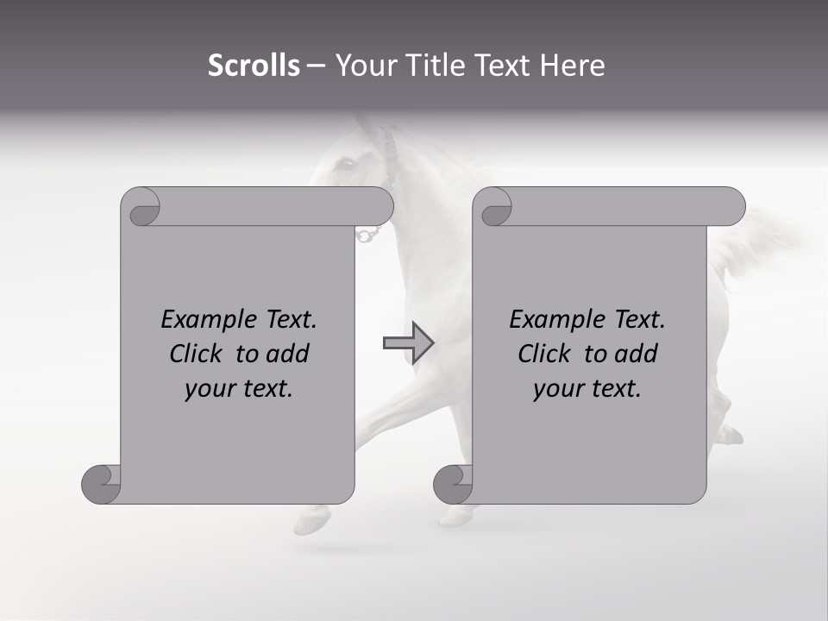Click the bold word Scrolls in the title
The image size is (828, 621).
pos(254,66)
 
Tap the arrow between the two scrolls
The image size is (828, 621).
pos(408,342)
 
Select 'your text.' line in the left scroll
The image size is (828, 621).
pos(239,388)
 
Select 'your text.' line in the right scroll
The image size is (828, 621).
pos(587,388)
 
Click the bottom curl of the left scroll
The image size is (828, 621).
pos(101,484)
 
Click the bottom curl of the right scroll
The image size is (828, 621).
pos(453,484)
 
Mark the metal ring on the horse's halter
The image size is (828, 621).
pos(368,234)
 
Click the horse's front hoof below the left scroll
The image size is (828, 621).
pos(312,520)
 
